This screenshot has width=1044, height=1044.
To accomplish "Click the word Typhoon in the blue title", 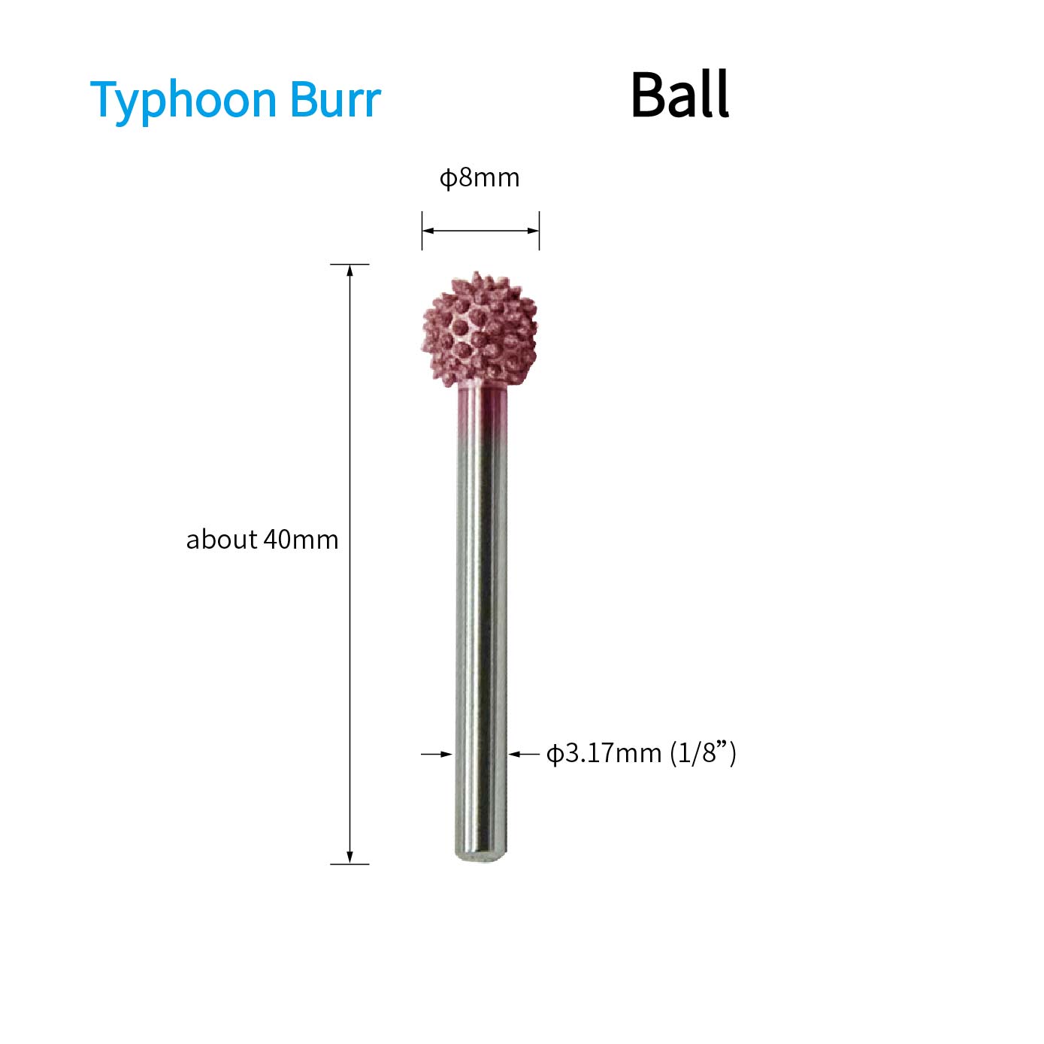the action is (183, 101).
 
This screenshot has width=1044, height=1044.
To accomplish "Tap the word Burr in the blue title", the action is (336, 99).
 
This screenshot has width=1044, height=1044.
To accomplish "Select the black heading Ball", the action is (680, 94).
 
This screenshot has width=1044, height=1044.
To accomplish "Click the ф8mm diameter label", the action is (480, 178).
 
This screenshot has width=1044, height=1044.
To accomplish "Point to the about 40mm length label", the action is (262, 540).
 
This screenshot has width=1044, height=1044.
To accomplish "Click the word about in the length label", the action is (222, 540).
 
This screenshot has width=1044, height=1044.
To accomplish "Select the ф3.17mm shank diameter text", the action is (604, 754).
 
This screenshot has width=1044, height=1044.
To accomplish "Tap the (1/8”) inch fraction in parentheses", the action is (704, 754).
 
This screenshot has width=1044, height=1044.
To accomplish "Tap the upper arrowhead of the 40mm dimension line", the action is (350, 270).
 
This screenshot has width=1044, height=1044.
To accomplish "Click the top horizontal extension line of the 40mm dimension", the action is (350, 265).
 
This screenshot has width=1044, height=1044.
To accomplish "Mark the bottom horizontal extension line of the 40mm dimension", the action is (350, 864).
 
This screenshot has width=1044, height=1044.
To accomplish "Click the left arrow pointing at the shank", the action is (437, 754).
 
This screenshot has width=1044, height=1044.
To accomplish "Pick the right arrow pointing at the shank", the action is (524, 754).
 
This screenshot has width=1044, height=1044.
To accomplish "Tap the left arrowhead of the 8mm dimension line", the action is (428, 231).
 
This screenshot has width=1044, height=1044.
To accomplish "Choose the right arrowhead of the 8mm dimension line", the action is (533, 231).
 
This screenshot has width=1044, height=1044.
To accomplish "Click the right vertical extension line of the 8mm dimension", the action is (539, 231).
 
